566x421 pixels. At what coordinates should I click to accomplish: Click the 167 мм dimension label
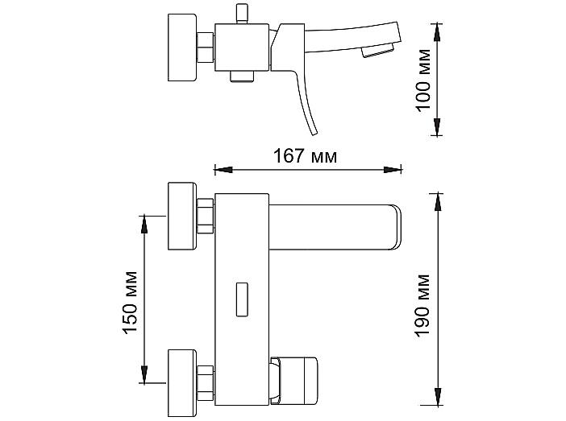click(x=305, y=156)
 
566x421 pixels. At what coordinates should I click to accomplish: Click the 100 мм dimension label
click(x=423, y=80)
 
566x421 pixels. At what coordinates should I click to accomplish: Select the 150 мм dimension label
click(x=131, y=303)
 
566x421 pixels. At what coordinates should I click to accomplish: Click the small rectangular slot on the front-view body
click(x=242, y=299)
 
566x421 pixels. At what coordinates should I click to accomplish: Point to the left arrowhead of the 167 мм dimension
click(x=224, y=169)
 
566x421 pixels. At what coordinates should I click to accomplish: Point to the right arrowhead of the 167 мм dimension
click(x=393, y=169)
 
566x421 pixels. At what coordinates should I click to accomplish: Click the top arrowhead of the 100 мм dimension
click(x=437, y=32)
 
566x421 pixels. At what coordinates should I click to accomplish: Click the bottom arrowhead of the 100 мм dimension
click(x=437, y=126)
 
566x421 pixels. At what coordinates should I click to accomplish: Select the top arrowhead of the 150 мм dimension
click(x=144, y=225)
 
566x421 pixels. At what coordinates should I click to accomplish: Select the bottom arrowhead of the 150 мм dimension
click(x=144, y=374)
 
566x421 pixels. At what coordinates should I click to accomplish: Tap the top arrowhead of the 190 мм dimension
click(x=438, y=202)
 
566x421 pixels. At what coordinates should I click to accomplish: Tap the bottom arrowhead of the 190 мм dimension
click(x=438, y=397)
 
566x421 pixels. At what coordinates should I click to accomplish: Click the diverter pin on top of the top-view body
click(x=242, y=14)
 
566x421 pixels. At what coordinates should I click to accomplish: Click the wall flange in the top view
click(x=182, y=47)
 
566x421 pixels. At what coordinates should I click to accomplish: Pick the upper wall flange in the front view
click(x=182, y=216)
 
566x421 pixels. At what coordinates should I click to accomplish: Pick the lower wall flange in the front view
click(x=182, y=383)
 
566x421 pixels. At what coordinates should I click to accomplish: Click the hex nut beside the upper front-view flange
click(x=205, y=216)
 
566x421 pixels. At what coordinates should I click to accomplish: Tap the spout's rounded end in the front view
click(x=396, y=227)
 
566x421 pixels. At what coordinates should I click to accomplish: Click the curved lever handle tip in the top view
click(x=314, y=132)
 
